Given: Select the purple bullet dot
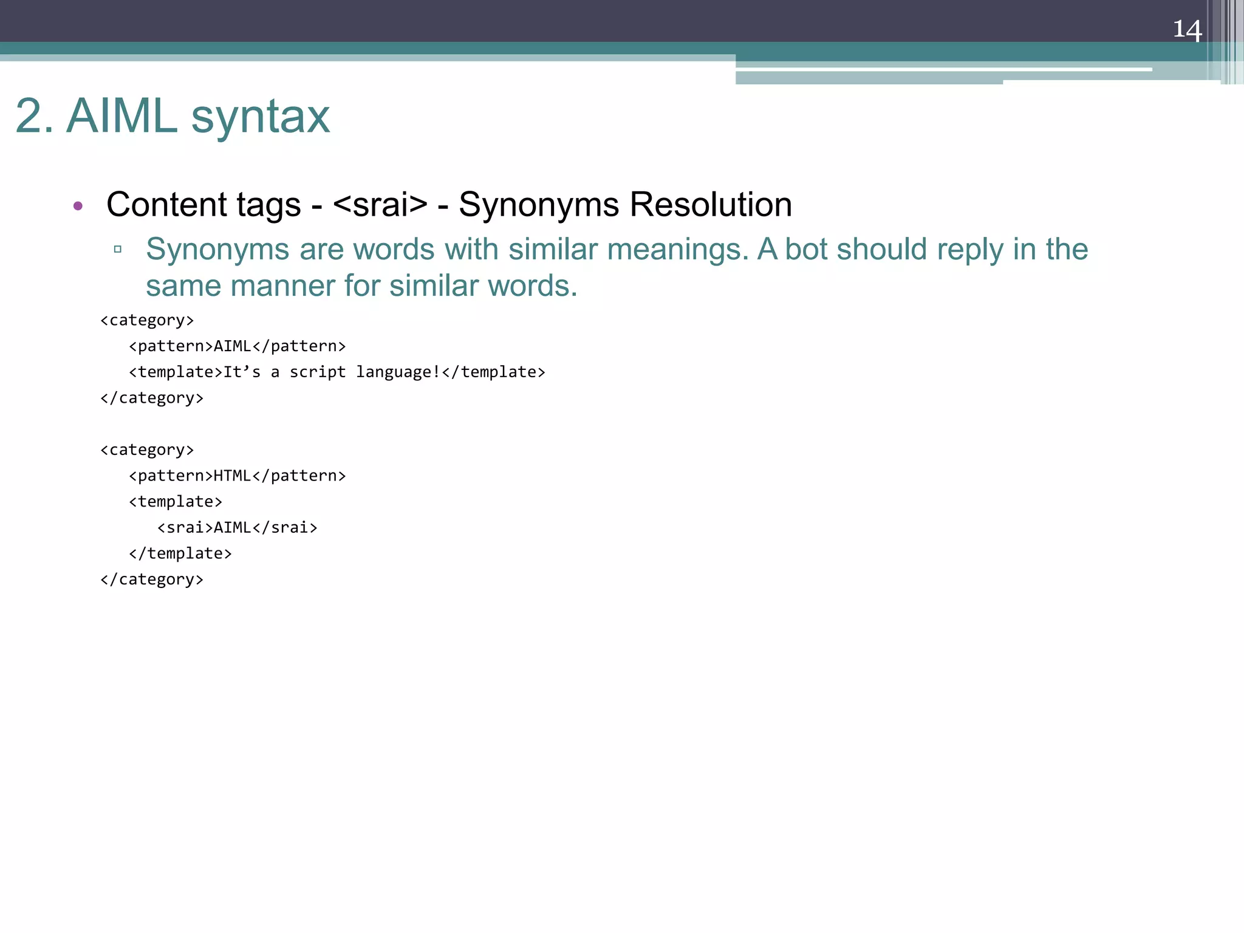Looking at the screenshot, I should click(x=78, y=206).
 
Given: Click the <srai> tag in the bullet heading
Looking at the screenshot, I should click(x=380, y=204).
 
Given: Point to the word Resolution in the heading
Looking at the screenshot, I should click(x=711, y=204).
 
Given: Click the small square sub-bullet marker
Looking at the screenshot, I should click(x=118, y=249).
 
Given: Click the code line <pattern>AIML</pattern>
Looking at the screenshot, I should click(x=237, y=346).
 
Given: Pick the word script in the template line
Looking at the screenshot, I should click(x=317, y=372).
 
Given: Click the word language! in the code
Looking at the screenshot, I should click(x=398, y=372).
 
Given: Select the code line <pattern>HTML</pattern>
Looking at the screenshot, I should click(x=237, y=476).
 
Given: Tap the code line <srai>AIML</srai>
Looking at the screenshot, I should click(x=237, y=527).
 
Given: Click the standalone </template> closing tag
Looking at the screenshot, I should click(x=180, y=553).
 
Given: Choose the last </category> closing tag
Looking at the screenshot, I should click(x=152, y=579).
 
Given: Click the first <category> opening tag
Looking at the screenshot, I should click(x=147, y=320).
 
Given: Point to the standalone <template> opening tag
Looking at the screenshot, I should click(x=176, y=502).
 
